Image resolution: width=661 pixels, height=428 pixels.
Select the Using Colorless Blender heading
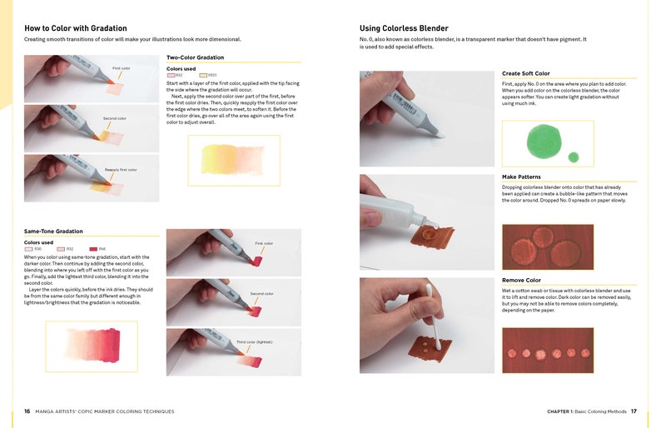pos(404,27)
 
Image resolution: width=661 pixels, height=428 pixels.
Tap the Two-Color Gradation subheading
pos(195,57)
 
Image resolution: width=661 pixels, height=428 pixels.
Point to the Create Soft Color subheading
pos(525,73)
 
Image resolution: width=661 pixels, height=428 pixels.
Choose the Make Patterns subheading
pos(521,177)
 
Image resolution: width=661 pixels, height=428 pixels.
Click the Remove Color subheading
pos(521,280)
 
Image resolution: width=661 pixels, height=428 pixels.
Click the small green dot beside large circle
pos(573,157)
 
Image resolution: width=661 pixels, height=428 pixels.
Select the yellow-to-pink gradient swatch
pos(234,160)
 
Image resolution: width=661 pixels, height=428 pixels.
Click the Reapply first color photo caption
pos(121,170)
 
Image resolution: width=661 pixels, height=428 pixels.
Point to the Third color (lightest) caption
pos(254,342)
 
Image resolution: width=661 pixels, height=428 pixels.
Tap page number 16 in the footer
pos(27,411)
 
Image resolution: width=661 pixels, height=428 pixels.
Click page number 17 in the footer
pos(634,411)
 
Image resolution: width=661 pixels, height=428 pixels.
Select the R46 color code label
pos(102,249)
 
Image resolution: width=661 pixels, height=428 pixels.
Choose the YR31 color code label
pos(211,75)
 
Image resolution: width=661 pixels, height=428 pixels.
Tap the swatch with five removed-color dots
pos(547,351)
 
